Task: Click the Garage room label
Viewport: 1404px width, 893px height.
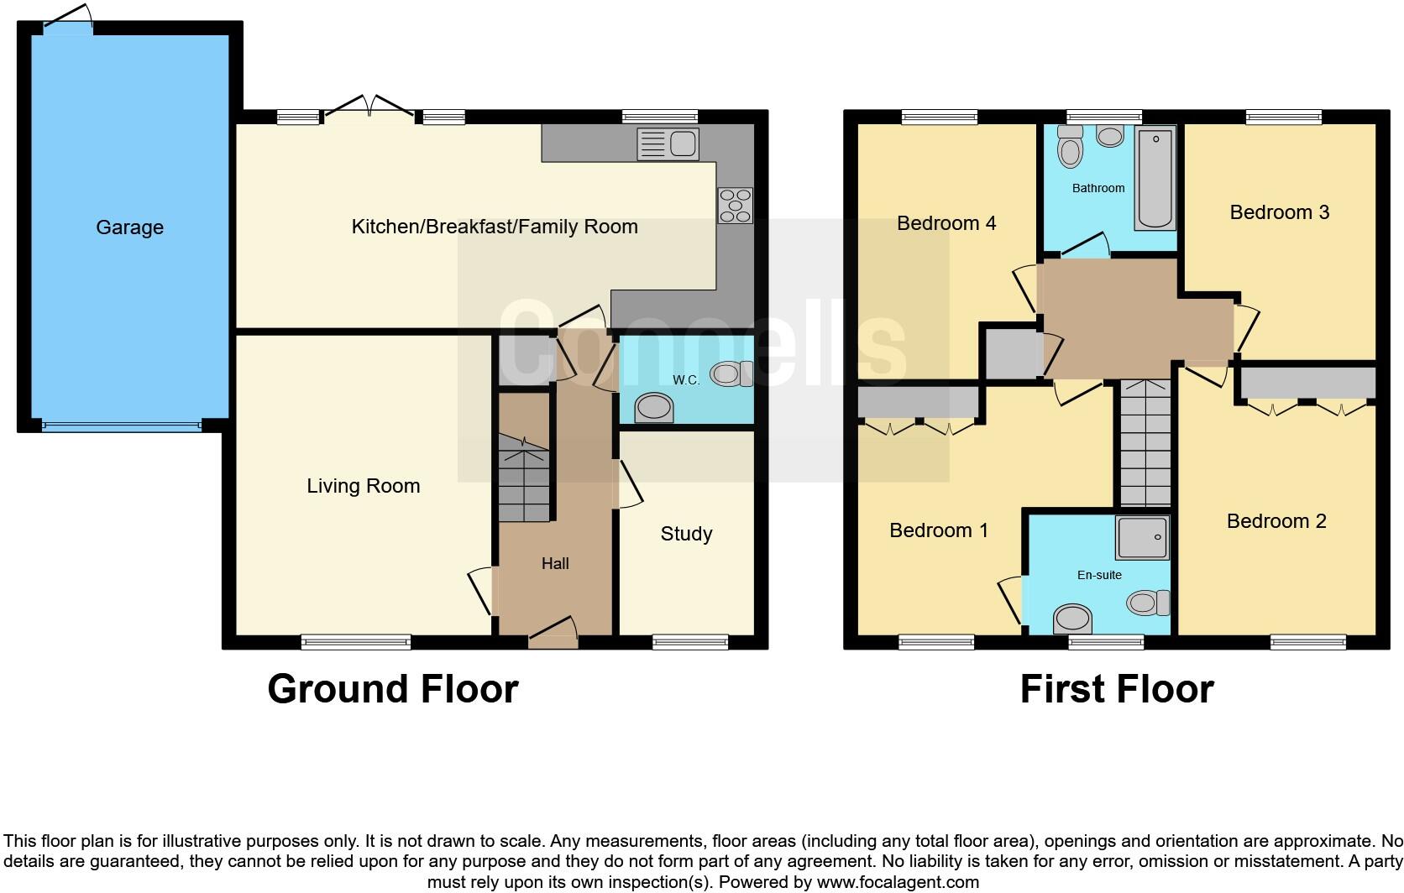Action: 129,227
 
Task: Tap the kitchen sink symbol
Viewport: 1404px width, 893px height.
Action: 668,144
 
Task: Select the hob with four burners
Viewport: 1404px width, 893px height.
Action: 736,206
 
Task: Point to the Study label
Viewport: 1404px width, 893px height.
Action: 686,534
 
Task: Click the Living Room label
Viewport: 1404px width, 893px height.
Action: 363,486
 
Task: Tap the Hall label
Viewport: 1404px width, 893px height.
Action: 555,564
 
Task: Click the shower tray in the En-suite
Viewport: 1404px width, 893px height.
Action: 1142,537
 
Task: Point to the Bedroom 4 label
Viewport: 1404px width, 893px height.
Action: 946,223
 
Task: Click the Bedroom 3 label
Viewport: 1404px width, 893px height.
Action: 1279,212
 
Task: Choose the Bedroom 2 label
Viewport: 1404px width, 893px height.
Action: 1276,521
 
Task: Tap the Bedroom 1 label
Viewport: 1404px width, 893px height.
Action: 938,530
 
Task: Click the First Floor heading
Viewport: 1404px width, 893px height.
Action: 1116,689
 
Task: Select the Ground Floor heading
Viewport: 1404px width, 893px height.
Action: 392,689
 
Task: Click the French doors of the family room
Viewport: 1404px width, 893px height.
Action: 369,109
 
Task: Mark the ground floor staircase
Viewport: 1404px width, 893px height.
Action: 525,478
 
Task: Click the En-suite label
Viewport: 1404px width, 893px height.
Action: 1099,575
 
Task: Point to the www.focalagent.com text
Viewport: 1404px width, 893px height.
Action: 896,882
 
